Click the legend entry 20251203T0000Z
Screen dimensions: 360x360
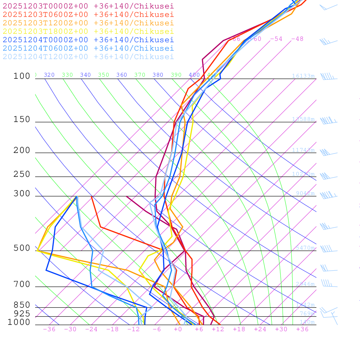point(88,6)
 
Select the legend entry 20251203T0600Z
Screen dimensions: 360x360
point(88,14)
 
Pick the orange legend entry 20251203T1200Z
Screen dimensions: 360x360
point(88,23)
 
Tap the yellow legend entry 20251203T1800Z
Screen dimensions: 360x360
point(88,31)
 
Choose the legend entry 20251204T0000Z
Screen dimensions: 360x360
point(88,40)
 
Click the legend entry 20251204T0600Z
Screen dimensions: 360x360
point(88,48)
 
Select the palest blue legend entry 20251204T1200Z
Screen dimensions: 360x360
point(88,57)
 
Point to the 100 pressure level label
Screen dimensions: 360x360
point(22,76)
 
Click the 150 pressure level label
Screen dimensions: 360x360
point(22,120)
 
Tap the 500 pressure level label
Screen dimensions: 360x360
point(22,248)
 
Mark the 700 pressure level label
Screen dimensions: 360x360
point(22,284)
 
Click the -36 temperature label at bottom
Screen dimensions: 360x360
point(49,329)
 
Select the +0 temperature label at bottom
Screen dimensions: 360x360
point(178,329)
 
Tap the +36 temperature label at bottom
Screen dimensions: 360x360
point(302,329)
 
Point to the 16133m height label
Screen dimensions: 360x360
point(303,76)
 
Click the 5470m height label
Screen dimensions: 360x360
point(305,248)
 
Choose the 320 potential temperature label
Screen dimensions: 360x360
point(49,75)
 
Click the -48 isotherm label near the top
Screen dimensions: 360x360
point(297,39)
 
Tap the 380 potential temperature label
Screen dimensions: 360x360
point(158,75)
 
